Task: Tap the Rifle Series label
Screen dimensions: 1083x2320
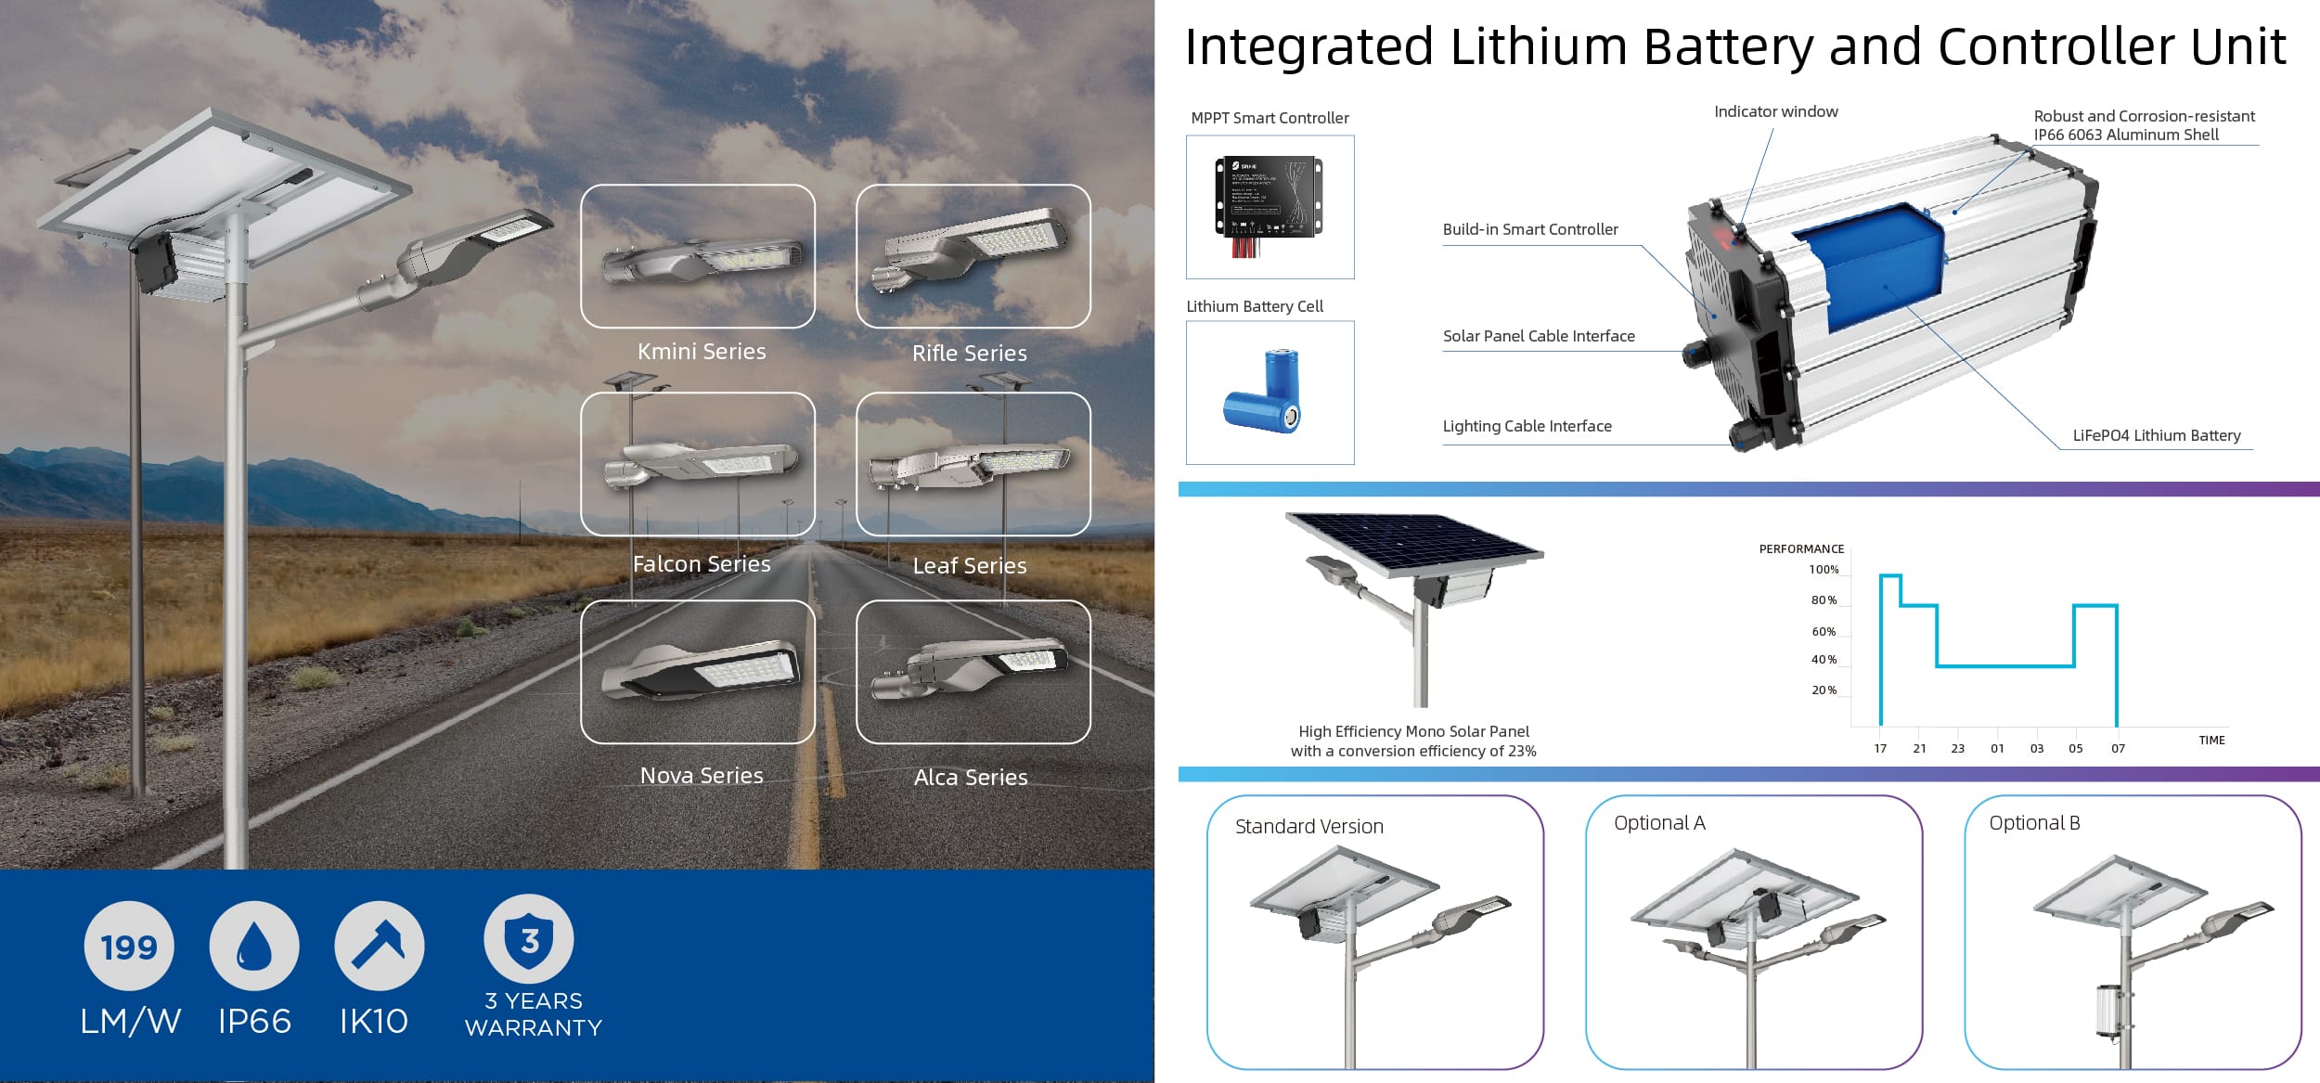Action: [969, 354]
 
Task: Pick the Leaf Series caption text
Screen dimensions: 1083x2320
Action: [969, 566]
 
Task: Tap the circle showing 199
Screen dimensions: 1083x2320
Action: [129, 947]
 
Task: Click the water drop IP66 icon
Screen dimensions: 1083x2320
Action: [254, 947]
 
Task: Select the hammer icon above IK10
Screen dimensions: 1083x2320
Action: [379, 947]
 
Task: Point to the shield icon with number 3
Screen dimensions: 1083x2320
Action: [529, 939]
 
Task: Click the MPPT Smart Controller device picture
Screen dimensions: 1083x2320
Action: [1269, 206]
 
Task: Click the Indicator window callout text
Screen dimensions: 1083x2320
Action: [1775, 112]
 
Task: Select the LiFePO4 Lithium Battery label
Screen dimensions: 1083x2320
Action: [2156, 436]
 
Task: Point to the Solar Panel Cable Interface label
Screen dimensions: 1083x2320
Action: [1539, 337]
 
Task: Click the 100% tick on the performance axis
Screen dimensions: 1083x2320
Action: [1824, 570]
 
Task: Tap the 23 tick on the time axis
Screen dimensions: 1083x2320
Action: [1957, 748]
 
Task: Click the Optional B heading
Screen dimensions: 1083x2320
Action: [2034, 823]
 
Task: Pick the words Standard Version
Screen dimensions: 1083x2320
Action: [1308, 827]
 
